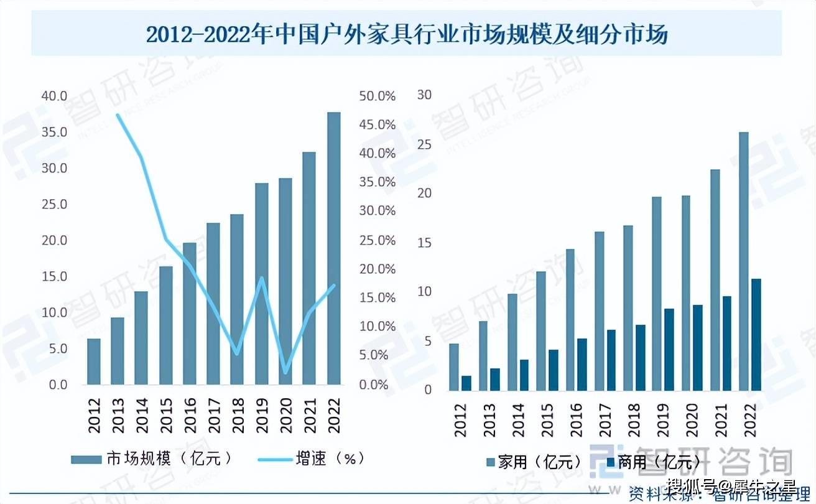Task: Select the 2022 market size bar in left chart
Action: (x=334, y=249)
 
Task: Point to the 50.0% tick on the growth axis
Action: (x=377, y=96)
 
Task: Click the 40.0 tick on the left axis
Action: (x=54, y=96)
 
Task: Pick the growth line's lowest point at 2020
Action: (x=285, y=373)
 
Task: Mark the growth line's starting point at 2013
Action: (x=118, y=115)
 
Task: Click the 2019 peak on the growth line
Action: (x=261, y=278)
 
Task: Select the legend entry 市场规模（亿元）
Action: (x=153, y=459)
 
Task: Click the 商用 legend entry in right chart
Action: (x=653, y=462)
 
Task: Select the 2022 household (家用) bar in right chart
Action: (x=743, y=261)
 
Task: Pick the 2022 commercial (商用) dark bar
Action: (x=756, y=335)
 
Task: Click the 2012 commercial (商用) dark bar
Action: (x=466, y=383)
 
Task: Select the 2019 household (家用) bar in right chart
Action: (x=656, y=294)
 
